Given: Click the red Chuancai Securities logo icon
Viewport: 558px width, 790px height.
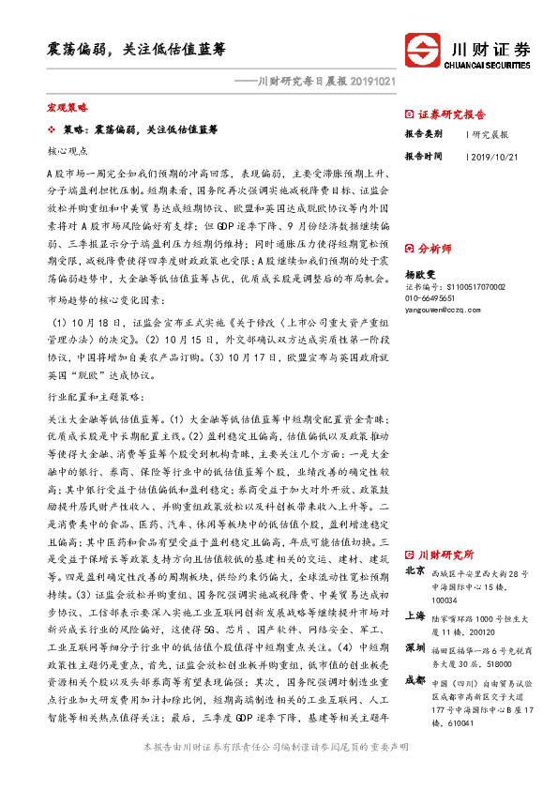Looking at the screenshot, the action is click(419, 50).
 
